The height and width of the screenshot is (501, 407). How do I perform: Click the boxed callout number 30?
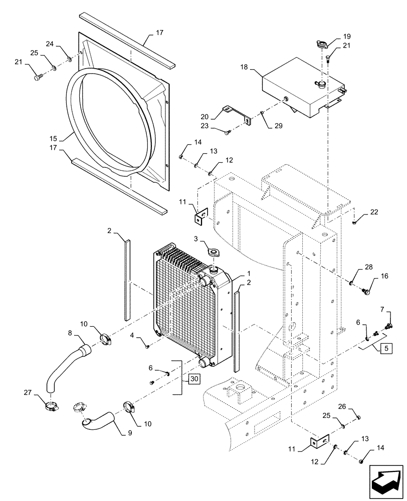coord(194,379)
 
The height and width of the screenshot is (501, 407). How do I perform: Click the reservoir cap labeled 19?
coord(319,44)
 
